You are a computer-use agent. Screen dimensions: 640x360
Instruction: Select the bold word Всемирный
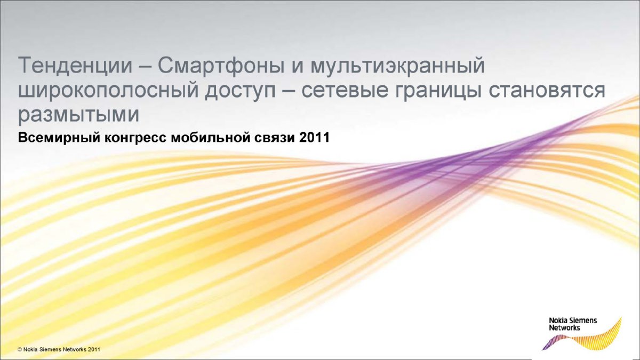(x=59, y=138)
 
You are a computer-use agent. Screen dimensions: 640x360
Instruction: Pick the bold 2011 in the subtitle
(x=315, y=138)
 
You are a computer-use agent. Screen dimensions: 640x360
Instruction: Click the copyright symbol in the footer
(x=20, y=349)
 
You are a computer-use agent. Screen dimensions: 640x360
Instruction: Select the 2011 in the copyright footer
(x=94, y=349)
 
